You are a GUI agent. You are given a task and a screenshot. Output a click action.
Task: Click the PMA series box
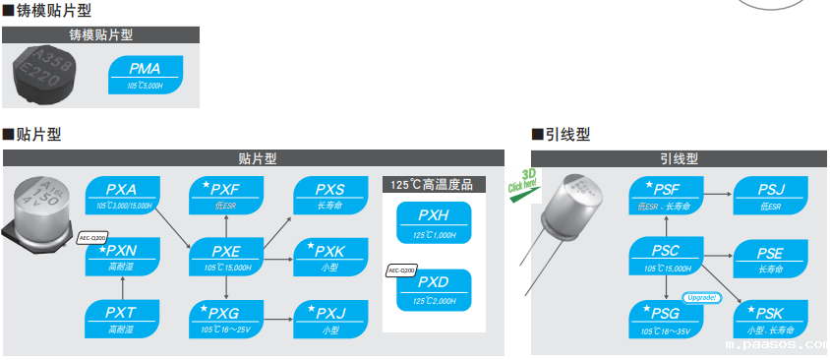(x=145, y=75)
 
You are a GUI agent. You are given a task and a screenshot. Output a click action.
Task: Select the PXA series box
(x=121, y=195)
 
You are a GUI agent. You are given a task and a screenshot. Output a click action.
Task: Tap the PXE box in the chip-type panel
(x=225, y=256)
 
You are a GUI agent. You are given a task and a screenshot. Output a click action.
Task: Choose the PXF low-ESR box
(x=225, y=195)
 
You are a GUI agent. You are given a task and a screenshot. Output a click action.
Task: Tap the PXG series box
(x=225, y=318)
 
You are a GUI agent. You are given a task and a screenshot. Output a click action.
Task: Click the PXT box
(x=121, y=318)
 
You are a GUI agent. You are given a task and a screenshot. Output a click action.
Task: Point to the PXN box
(x=121, y=256)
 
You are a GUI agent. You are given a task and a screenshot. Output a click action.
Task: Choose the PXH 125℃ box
(x=434, y=220)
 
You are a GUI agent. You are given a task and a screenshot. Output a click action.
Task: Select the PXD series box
(x=434, y=288)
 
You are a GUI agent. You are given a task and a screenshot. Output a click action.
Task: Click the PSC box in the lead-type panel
(x=666, y=256)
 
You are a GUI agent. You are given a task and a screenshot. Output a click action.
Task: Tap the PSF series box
(x=666, y=195)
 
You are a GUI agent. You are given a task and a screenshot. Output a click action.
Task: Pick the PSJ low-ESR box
(x=770, y=195)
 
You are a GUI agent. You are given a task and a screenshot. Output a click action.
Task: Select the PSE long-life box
(x=770, y=256)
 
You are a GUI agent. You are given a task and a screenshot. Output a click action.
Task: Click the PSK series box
(x=770, y=318)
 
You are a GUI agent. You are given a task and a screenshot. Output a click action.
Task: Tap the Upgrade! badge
(x=702, y=297)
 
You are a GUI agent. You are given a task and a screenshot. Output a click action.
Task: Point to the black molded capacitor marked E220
(x=44, y=75)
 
